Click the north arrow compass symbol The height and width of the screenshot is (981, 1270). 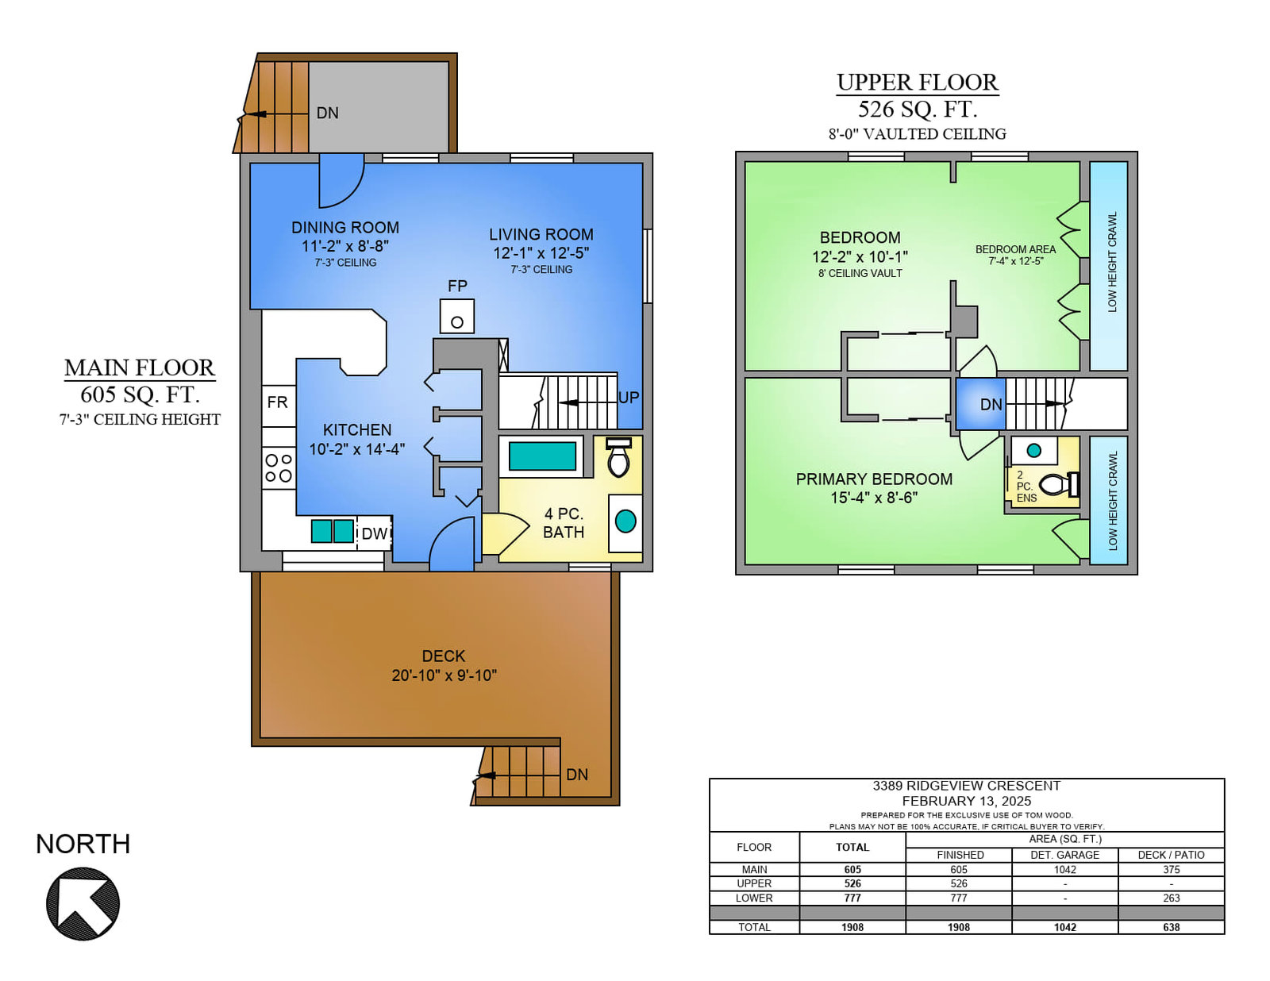pos(83,903)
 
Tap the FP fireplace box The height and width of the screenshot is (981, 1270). pos(457,316)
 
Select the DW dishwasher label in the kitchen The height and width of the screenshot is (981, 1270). pos(374,533)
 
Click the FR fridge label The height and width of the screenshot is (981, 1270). pos(278,402)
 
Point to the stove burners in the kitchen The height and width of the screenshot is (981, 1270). pos(279,468)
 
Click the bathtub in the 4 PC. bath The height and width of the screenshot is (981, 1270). pos(542,456)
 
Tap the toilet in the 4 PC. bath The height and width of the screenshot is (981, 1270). pos(618,457)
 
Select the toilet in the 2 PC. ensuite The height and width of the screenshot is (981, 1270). pos(1059,484)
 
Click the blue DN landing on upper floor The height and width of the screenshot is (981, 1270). pos(981,404)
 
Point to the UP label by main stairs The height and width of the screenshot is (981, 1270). pos(629,398)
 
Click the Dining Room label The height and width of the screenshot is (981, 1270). pos(345,227)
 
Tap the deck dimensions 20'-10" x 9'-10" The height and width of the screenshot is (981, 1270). pos(444,675)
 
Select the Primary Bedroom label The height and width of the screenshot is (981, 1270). pos(875,479)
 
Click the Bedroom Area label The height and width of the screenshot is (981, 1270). pos(1016,249)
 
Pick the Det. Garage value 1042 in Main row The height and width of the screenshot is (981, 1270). pos(1065,869)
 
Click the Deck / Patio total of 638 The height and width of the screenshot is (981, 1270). pos(1172,927)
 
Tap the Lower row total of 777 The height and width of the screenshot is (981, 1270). pos(852,898)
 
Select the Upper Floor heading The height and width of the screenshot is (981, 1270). pos(918,83)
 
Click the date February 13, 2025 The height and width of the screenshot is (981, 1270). pos(967,801)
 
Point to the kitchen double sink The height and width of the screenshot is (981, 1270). pos(332,531)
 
